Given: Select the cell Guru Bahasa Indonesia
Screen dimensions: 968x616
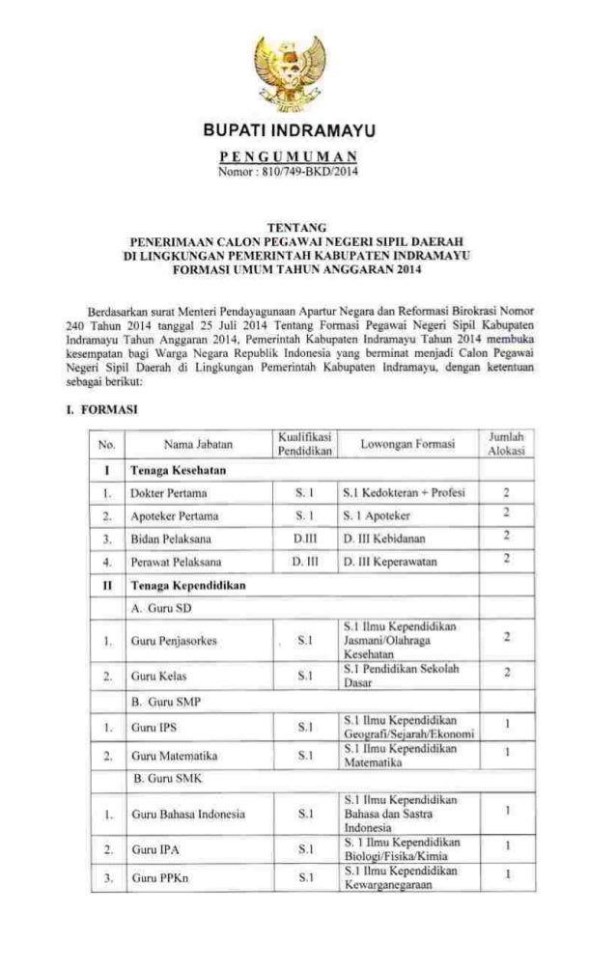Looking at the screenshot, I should (187, 816).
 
